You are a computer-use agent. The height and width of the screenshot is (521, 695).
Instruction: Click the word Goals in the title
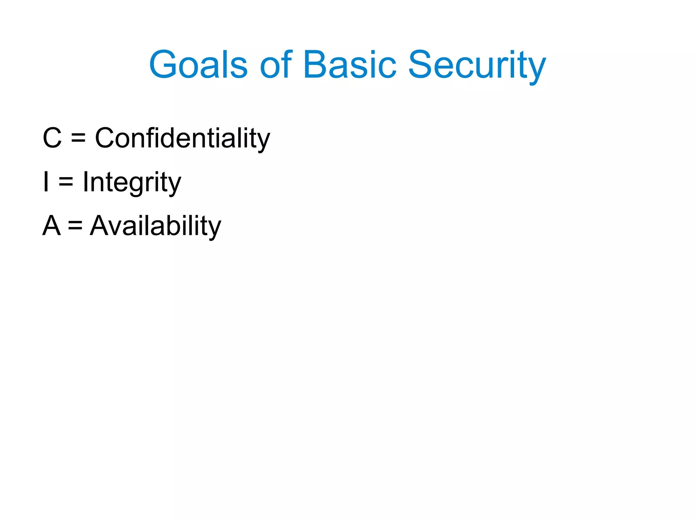[198, 64]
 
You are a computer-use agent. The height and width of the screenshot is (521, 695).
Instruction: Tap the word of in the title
[276, 64]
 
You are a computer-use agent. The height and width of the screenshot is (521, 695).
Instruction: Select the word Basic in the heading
[350, 64]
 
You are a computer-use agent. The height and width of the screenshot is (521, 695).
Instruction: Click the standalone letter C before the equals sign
[52, 138]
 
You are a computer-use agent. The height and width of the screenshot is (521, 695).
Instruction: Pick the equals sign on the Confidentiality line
[78, 138]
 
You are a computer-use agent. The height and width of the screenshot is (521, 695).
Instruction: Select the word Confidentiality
[182, 138]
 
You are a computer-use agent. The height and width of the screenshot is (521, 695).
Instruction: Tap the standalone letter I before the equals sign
[46, 182]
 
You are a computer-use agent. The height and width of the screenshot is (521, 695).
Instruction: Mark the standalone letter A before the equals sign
[52, 226]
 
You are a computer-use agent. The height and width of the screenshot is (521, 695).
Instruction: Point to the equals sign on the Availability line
[75, 226]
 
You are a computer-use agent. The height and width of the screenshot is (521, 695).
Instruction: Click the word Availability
[155, 226]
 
